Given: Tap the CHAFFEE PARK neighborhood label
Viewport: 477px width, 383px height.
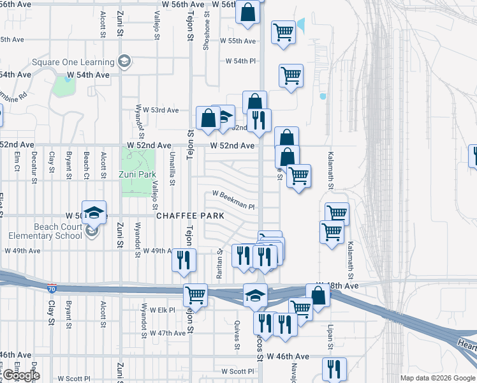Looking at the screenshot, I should [x=191, y=216].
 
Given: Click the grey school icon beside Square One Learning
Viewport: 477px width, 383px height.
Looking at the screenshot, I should [x=124, y=61].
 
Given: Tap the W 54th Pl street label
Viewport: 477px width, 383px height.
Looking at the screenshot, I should [x=240, y=61].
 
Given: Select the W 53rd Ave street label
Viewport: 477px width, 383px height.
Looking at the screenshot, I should [x=160, y=110].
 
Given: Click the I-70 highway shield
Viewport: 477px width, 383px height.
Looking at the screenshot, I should [x=52, y=289].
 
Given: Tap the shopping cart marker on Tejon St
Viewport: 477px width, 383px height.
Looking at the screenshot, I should [x=195, y=296].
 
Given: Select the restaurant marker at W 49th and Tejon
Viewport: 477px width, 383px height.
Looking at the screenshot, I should [x=184, y=259].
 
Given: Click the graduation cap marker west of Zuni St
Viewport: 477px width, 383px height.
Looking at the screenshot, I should [x=94, y=213].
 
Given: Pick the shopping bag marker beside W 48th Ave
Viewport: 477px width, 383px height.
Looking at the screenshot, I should [x=318, y=296].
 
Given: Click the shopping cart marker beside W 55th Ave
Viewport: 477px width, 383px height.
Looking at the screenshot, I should [x=283, y=32].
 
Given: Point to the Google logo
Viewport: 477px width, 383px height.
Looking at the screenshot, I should [x=21, y=375].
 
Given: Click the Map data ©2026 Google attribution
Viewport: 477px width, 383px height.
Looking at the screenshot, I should [x=437, y=378].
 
